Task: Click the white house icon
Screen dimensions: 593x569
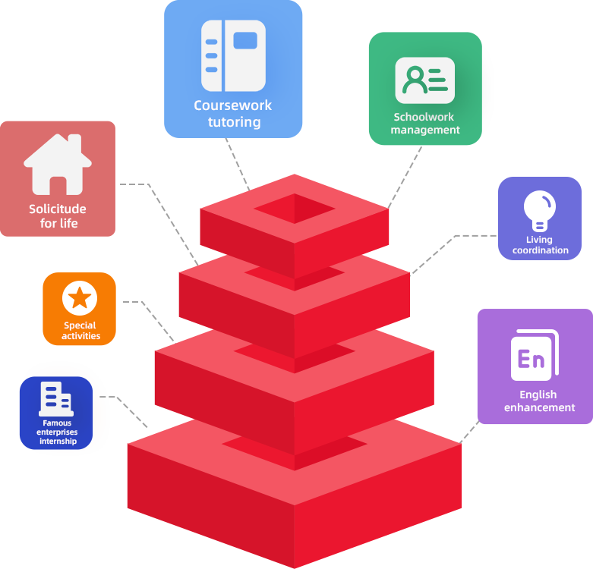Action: point(58,165)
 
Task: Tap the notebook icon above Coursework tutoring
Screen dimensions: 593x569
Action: point(233,55)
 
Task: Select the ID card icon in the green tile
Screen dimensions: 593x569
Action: point(425,80)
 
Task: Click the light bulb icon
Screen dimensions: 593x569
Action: point(540,210)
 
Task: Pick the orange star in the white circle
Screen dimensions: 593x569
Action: point(80,297)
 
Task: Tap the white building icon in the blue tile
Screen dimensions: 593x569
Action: point(56,399)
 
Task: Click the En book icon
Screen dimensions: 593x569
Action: point(535,355)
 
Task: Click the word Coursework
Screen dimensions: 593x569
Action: point(232,105)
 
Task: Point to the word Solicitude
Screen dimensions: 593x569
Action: point(58,209)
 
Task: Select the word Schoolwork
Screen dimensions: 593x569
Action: point(424,117)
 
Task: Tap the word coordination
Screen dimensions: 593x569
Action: point(541,250)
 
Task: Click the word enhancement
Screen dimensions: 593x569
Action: point(539,407)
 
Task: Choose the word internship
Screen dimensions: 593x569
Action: point(58,441)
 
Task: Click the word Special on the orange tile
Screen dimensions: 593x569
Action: point(80,325)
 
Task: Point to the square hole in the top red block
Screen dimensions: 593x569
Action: point(295,209)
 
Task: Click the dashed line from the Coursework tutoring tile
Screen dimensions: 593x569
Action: point(238,164)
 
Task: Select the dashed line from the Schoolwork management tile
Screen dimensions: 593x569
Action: point(405,178)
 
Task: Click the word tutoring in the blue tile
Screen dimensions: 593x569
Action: point(234,122)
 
